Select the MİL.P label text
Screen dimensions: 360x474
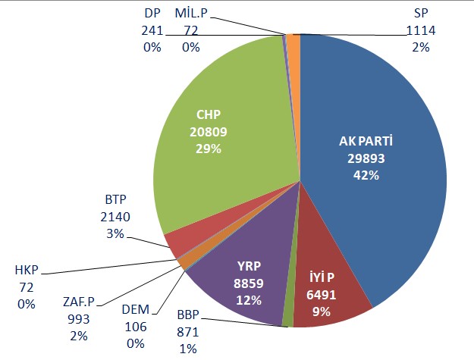190,13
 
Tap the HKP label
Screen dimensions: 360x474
26,270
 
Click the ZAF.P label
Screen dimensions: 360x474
79,302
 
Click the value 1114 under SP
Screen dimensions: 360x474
419,30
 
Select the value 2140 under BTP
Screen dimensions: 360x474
115,217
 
